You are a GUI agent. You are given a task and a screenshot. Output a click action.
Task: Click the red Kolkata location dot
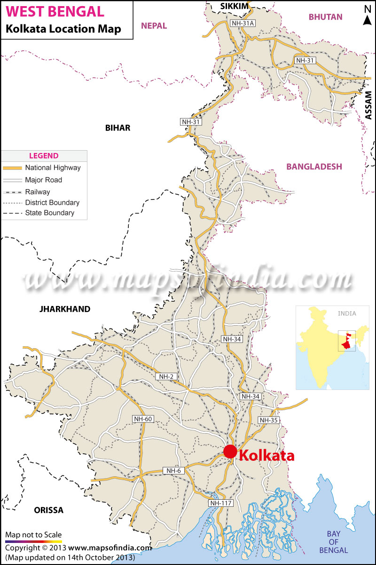click(x=230, y=451)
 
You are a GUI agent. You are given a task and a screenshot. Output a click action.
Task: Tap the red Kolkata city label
click(x=267, y=455)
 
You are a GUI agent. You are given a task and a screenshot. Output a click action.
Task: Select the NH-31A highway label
click(x=243, y=23)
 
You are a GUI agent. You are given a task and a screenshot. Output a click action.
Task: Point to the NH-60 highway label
click(x=143, y=419)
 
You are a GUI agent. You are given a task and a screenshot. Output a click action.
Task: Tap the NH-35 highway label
click(x=269, y=420)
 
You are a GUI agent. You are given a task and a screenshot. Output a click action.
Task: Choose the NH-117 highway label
click(x=221, y=503)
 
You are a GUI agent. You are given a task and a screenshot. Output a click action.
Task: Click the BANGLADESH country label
click(x=314, y=167)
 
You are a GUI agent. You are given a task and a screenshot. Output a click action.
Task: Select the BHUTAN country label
click(x=325, y=17)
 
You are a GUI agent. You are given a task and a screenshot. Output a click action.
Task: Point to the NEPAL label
click(x=154, y=26)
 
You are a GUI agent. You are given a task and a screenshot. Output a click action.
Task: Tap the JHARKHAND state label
click(x=65, y=309)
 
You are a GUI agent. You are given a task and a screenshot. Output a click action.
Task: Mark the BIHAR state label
click(x=117, y=128)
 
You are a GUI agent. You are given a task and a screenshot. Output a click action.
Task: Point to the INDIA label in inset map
click(x=347, y=313)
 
